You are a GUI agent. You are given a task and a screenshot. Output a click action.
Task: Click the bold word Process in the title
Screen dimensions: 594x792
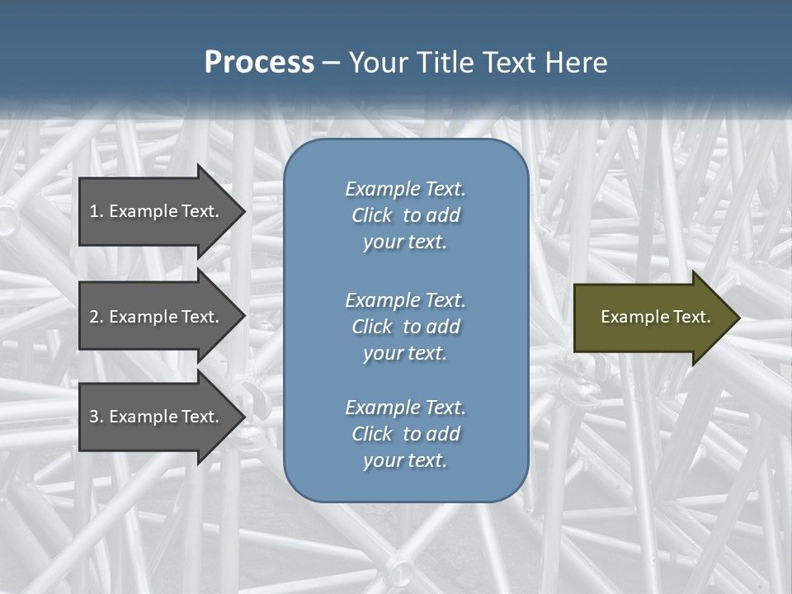259,63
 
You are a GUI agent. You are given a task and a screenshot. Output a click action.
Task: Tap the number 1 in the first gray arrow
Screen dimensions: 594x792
94,211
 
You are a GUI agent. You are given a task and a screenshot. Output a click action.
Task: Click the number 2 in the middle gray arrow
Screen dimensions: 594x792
95,317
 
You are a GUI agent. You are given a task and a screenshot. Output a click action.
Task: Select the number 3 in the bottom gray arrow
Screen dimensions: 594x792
95,417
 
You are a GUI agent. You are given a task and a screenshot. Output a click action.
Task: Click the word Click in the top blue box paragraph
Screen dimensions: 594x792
371,215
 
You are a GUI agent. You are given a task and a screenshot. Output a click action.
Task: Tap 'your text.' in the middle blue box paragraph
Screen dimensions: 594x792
405,353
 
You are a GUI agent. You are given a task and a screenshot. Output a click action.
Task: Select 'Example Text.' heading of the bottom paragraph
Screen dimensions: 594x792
405,408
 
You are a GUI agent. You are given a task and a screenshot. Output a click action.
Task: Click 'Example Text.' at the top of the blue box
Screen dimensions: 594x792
405,189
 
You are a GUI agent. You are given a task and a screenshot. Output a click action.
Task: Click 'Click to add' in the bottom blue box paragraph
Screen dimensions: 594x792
405,434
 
